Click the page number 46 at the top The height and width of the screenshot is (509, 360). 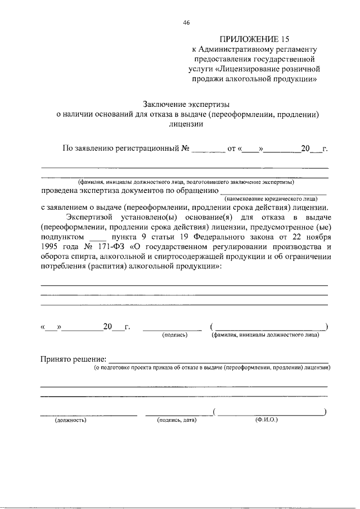[186, 22]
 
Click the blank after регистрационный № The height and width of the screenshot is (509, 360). [208, 150]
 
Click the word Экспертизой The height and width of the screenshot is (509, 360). [88, 217]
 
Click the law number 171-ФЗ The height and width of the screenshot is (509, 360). [112, 247]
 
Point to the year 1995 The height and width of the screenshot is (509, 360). [50, 247]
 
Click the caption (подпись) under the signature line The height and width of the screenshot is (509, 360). [174, 335]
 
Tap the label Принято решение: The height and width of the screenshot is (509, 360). [73, 359]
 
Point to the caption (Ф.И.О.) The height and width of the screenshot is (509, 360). [266, 420]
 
